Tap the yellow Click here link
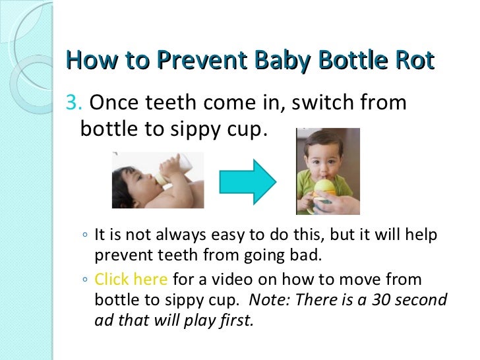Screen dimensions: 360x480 [x=131, y=279]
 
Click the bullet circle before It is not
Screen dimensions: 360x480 [x=86, y=237]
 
